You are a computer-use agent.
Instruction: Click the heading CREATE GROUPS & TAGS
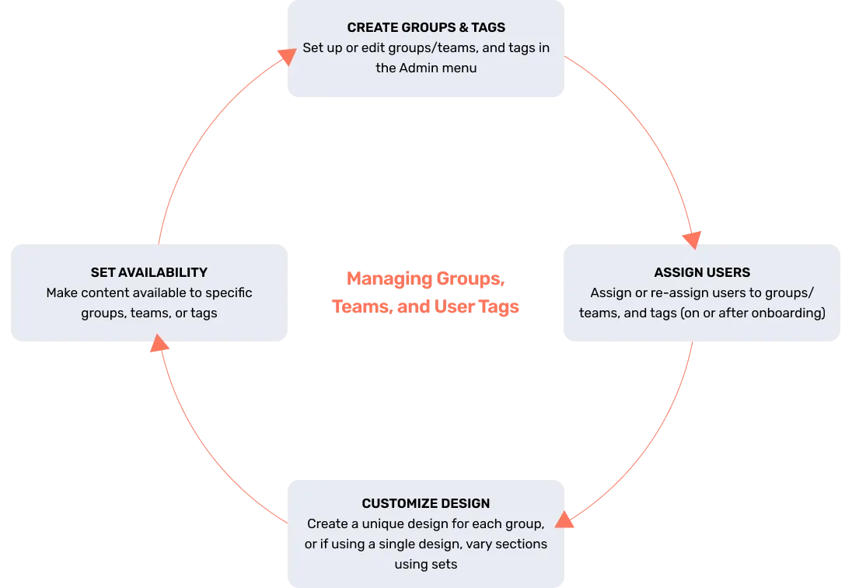tap(426, 27)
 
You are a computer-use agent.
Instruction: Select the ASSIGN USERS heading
tap(702, 272)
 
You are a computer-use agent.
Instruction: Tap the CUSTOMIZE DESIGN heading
tap(426, 503)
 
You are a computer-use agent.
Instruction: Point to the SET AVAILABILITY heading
tap(149, 272)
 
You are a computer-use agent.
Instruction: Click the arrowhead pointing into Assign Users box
tap(692, 240)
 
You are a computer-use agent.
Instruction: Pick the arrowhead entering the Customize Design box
tap(564, 520)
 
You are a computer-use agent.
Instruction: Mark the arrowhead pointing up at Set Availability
tap(159, 344)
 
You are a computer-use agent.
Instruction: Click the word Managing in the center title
tap(389, 278)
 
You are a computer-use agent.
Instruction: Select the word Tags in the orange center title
tap(499, 306)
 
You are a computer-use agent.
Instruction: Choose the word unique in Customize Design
tap(383, 524)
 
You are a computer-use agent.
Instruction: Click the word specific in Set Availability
tap(229, 293)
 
